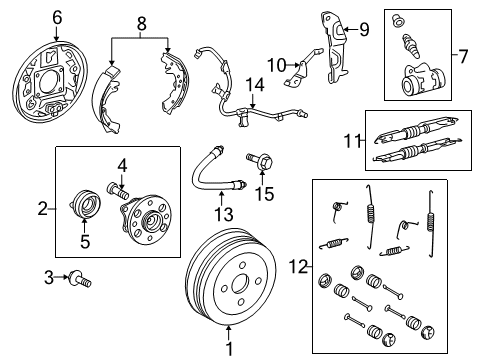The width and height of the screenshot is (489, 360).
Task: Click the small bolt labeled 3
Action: (x=122, y=165)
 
